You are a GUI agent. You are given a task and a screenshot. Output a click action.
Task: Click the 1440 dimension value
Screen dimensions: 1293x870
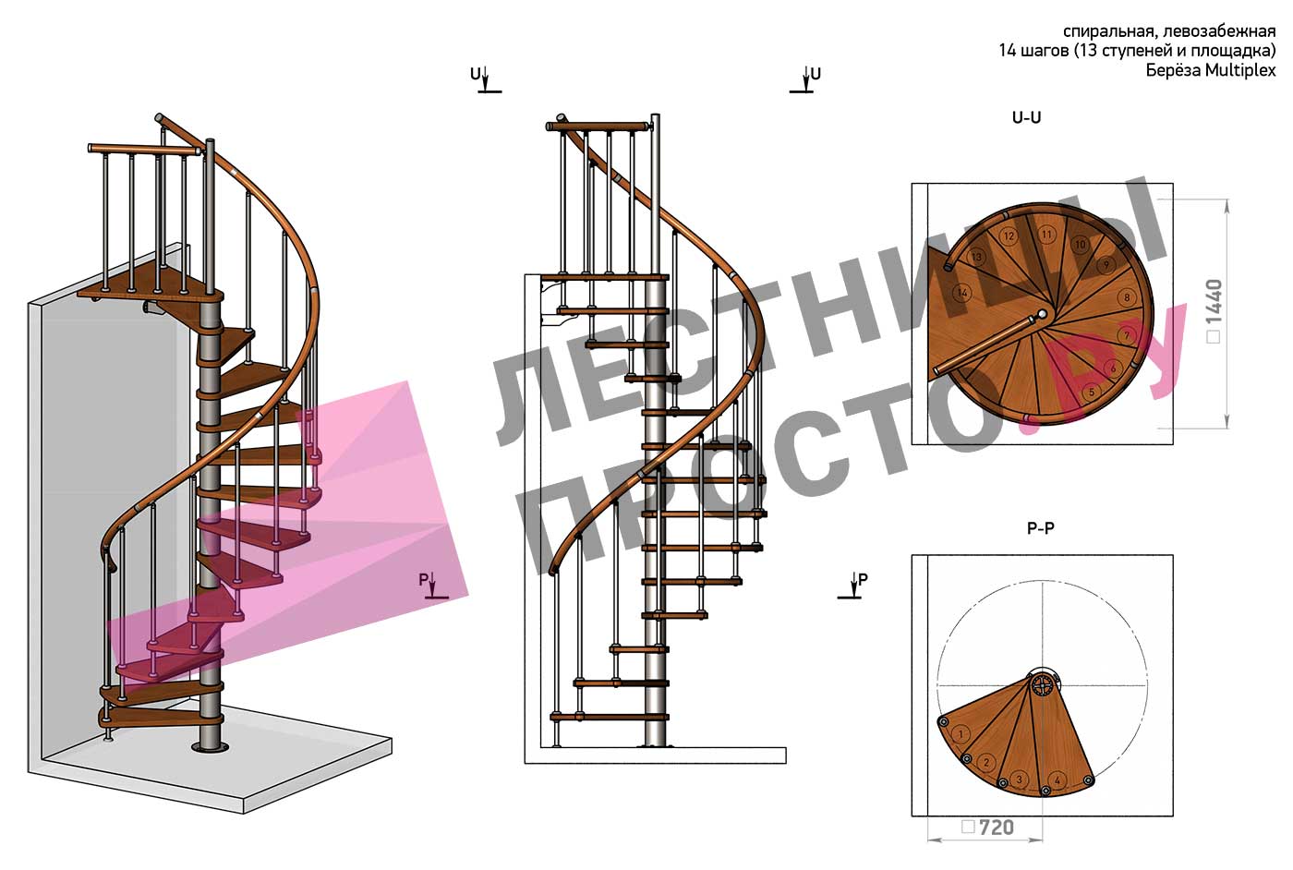tap(1214, 301)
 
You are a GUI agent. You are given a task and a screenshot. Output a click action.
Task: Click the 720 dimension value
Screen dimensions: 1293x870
tap(997, 828)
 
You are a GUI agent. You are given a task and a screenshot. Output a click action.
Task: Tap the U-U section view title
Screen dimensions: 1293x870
tap(1027, 117)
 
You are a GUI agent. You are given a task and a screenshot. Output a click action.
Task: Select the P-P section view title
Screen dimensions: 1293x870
tap(1041, 528)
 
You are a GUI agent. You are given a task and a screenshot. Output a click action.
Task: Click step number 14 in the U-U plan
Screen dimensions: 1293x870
tap(962, 293)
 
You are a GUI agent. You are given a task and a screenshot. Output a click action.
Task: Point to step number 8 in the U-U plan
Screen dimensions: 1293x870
tap(1127, 298)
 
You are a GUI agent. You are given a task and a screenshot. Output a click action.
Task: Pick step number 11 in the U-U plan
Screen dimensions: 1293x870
tap(1046, 235)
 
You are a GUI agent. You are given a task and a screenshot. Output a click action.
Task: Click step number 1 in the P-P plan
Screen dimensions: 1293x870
tap(961, 734)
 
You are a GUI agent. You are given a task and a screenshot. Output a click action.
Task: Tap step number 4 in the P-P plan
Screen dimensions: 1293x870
tap(1057, 780)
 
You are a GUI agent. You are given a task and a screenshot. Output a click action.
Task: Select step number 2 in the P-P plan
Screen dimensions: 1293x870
tap(986, 763)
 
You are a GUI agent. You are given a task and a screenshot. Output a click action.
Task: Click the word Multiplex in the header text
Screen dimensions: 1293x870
tap(1240, 70)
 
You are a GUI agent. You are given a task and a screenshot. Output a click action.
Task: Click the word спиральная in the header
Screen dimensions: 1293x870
tap(1101, 30)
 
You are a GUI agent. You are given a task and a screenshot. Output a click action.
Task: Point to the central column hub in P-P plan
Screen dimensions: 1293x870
tap(1043, 686)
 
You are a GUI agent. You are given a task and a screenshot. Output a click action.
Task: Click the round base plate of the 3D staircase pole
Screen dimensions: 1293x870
tap(210, 747)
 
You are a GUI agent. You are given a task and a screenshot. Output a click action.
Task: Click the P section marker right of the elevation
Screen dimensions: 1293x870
tap(852, 586)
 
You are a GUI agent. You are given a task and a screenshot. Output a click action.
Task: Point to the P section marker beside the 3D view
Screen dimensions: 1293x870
tap(433, 586)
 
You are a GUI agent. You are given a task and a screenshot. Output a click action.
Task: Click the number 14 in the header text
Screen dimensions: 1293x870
tap(1008, 51)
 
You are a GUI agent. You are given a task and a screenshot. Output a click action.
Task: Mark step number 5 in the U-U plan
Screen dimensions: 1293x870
tap(1092, 392)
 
